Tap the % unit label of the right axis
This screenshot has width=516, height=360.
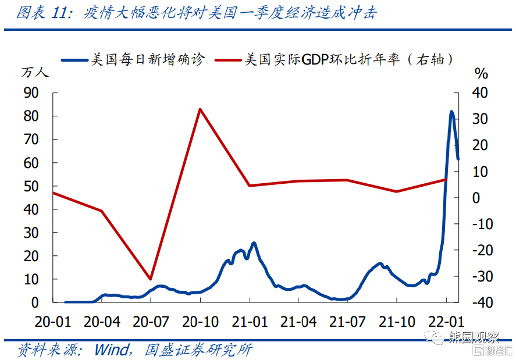pos(481,73)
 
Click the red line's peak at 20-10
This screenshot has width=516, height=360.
pos(200,109)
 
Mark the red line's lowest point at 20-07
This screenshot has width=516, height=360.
pos(151,279)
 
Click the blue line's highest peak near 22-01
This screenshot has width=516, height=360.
pos(452,112)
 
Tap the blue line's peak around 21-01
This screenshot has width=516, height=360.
pos(254,243)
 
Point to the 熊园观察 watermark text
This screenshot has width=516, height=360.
pos(474,337)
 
